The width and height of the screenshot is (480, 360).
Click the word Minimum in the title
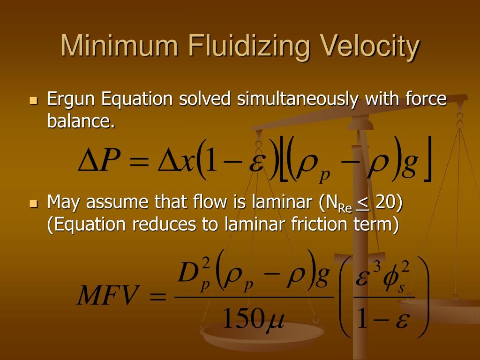(x=119, y=47)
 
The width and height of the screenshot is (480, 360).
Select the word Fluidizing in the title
(x=248, y=47)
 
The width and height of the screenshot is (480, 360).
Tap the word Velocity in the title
(x=370, y=47)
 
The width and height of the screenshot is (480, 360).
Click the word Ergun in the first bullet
(x=72, y=99)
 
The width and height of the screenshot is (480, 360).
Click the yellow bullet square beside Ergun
(x=33, y=100)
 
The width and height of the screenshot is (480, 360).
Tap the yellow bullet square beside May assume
(x=33, y=203)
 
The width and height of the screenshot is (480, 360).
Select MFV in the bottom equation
(x=108, y=297)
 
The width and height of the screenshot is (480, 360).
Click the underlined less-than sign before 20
(x=363, y=203)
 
